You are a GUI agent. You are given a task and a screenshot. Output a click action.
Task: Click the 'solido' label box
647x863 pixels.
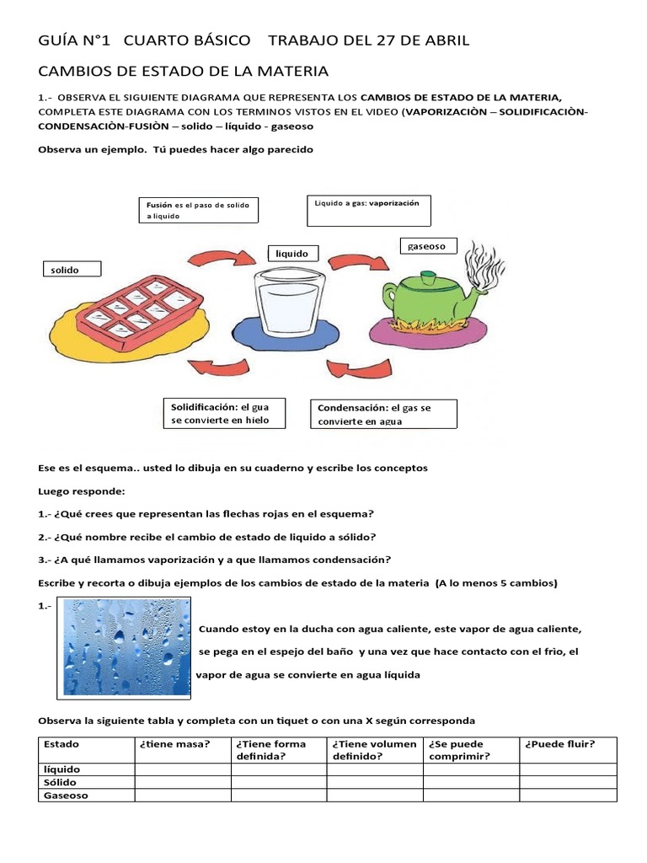point(72,269)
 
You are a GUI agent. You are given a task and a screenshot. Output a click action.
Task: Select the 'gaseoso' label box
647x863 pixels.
point(428,246)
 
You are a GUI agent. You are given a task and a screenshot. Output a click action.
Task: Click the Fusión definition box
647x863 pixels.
point(198,210)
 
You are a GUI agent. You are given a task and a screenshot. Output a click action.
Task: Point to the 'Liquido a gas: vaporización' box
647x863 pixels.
point(368,212)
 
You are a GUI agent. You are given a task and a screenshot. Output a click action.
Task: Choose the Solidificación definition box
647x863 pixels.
point(223,413)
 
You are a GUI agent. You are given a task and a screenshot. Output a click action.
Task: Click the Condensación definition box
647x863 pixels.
point(383,414)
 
